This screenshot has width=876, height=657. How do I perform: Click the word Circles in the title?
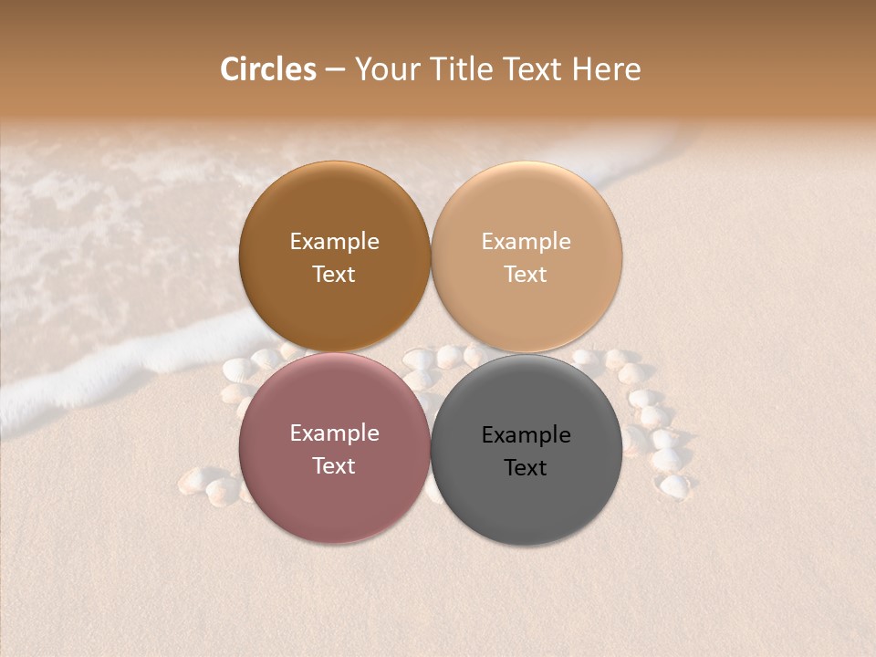(x=267, y=69)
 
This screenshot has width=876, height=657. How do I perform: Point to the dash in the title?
(x=335, y=70)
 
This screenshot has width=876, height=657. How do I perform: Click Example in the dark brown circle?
(x=334, y=242)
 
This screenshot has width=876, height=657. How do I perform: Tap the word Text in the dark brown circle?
(x=334, y=274)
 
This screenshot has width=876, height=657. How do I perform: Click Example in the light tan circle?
(x=526, y=242)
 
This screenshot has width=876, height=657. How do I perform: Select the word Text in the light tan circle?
(x=526, y=274)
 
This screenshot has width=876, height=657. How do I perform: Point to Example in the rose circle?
(x=334, y=433)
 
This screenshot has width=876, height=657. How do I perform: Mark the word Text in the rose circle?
(x=334, y=465)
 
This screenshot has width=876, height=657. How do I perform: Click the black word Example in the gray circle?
(x=526, y=435)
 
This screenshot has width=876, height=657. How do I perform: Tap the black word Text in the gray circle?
(x=526, y=467)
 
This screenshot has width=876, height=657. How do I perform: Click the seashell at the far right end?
(x=675, y=486)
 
